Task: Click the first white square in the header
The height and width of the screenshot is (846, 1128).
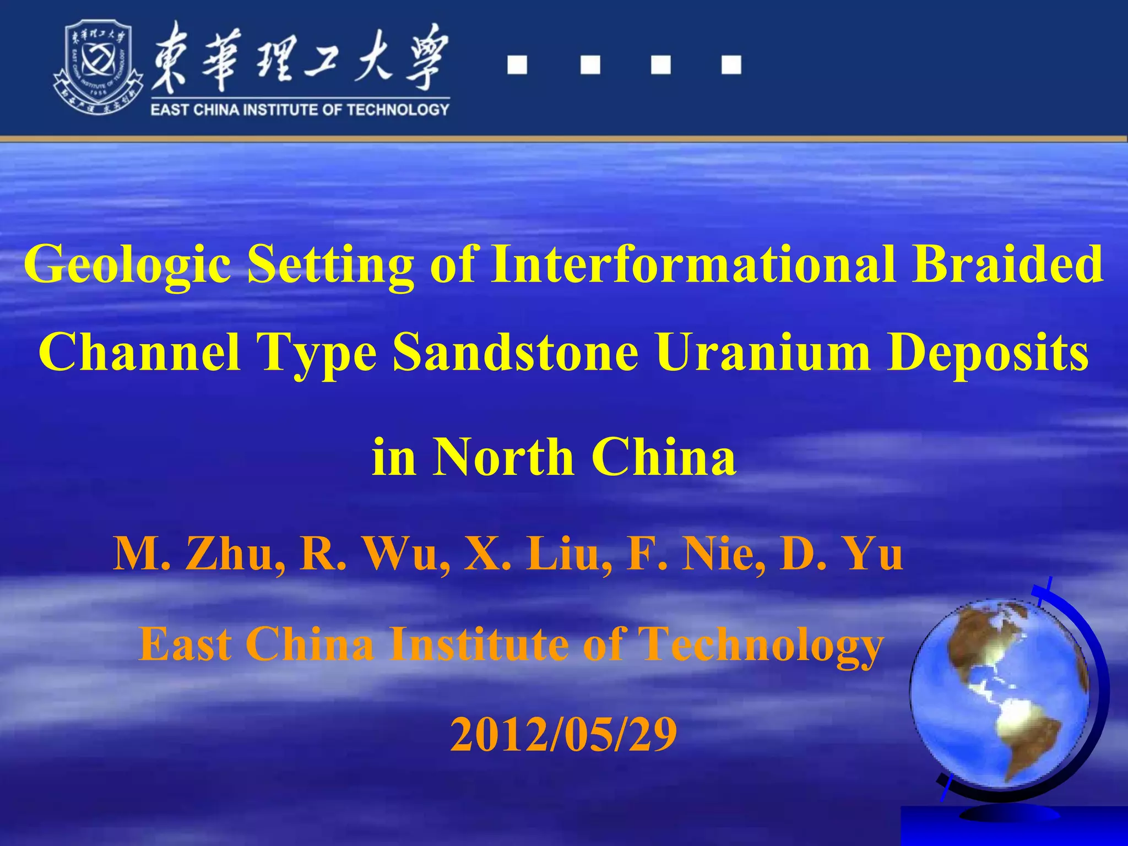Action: click(517, 65)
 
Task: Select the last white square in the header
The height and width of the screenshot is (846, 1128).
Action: click(731, 65)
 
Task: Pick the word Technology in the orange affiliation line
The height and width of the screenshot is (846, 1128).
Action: click(760, 644)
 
